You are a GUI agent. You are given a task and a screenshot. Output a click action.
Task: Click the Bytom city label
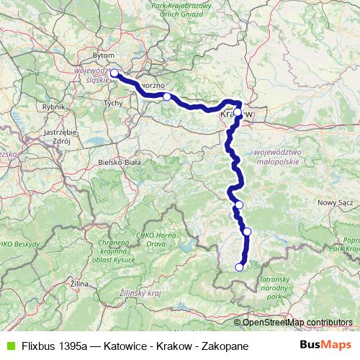click(104, 55)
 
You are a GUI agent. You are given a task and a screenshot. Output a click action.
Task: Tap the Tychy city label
click(114, 104)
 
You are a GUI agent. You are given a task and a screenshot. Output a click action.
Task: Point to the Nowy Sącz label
click(336, 203)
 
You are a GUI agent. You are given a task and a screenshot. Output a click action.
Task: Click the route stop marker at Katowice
click(114, 73)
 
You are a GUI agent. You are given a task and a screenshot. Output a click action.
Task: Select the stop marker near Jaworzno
click(166, 96)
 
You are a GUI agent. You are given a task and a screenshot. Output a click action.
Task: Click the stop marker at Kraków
click(238, 112)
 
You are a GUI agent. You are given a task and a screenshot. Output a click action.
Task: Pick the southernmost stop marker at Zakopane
click(239, 267)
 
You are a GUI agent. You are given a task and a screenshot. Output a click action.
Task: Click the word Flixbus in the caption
click(40, 346)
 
